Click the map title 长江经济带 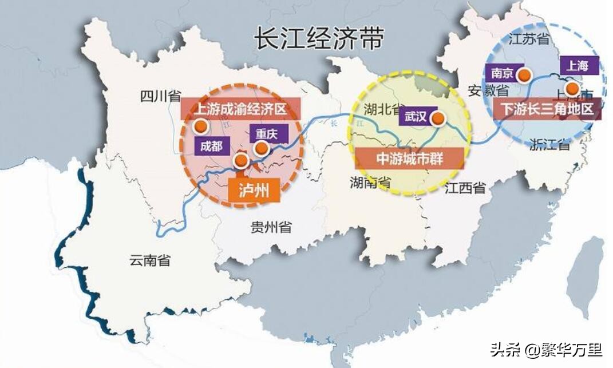pyautogui.click(x=319, y=40)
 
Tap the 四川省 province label pyautogui.click(x=161, y=96)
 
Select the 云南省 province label pyautogui.click(x=149, y=260)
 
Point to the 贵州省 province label pyautogui.click(x=271, y=227)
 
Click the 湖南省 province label pyautogui.click(x=370, y=183)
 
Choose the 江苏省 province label pyautogui.click(x=529, y=38)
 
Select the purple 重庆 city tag pyautogui.click(x=267, y=134)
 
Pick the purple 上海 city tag pyautogui.click(x=578, y=66)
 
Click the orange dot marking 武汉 pyautogui.click(x=438, y=118)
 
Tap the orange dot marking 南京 pyautogui.click(x=524, y=74)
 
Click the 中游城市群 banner pyautogui.click(x=409, y=159)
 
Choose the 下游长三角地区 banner pyautogui.click(x=547, y=109)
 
